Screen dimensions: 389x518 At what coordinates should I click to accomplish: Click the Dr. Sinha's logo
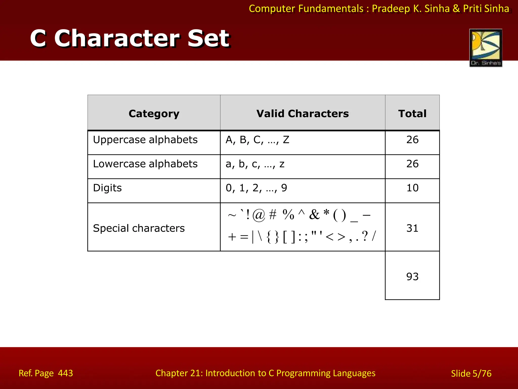[x=486, y=48]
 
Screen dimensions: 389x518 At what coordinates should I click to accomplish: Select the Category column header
[x=154, y=113]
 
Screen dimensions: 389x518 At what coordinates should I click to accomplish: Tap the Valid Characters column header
[x=303, y=113]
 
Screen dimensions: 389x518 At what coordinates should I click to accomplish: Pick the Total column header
[x=412, y=113]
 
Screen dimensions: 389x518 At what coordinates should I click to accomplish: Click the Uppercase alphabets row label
[x=145, y=140]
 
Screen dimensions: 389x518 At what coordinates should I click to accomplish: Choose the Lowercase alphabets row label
[x=145, y=164]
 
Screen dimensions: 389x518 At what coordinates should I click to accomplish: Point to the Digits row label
[x=107, y=188]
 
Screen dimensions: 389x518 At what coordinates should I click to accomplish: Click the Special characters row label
[x=139, y=228]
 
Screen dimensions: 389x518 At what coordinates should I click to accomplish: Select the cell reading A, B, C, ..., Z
[x=257, y=140]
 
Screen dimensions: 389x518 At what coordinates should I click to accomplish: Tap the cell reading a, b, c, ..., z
[x=255, y=164]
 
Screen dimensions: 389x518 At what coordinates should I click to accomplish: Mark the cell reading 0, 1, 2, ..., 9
[x=256, y=188]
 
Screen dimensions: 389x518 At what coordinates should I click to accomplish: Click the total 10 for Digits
[x=412, y=188]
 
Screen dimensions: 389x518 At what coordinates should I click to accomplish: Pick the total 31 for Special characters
[x=412, y=228]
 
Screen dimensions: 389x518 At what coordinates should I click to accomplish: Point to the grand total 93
[x=412, y=277]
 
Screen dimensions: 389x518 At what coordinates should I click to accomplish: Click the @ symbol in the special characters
[x=259, y=215]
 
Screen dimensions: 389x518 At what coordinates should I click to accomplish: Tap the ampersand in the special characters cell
[x=314, y=215]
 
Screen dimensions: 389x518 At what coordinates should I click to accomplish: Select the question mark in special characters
[x=365, y=237]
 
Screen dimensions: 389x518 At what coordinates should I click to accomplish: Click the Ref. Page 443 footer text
[x=46, y=373]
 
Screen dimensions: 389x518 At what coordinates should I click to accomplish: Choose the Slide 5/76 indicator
[x=471, y=374]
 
